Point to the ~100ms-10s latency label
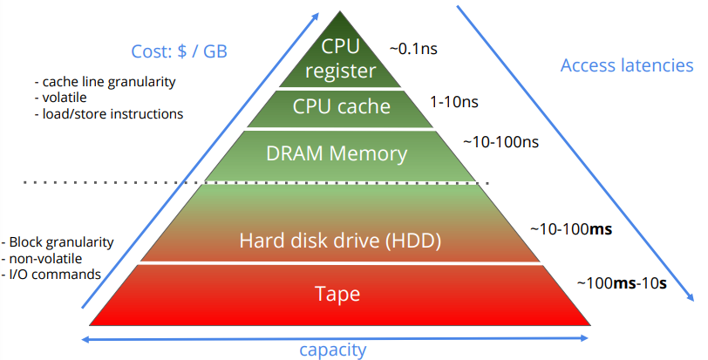pos(621,283)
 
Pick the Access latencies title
pos(627,66)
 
